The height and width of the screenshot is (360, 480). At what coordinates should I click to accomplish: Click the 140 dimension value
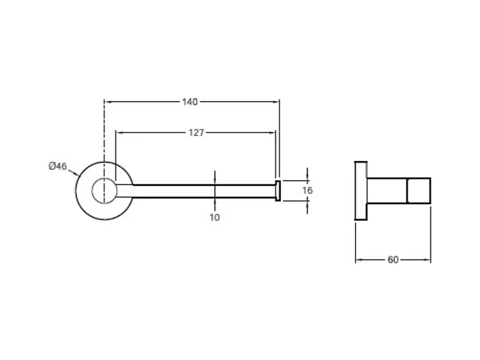[x=190, y=102]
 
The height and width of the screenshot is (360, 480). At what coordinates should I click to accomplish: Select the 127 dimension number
[x=196, y=133]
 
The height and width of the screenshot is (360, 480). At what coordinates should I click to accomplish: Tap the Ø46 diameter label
[x=57, y=166]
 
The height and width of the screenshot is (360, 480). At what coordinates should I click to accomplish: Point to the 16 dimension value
[x=307, y=191]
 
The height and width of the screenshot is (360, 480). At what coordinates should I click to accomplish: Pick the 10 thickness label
[x=215, y=217]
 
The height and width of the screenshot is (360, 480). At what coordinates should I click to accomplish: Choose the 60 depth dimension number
[x=393, y=260]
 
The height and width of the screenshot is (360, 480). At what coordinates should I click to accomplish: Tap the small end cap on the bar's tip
[x=278, y=191]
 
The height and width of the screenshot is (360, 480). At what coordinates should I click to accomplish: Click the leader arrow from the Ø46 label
[x=73, y=173]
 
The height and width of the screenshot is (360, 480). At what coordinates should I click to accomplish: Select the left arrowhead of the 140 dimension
[x=107, y=102]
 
